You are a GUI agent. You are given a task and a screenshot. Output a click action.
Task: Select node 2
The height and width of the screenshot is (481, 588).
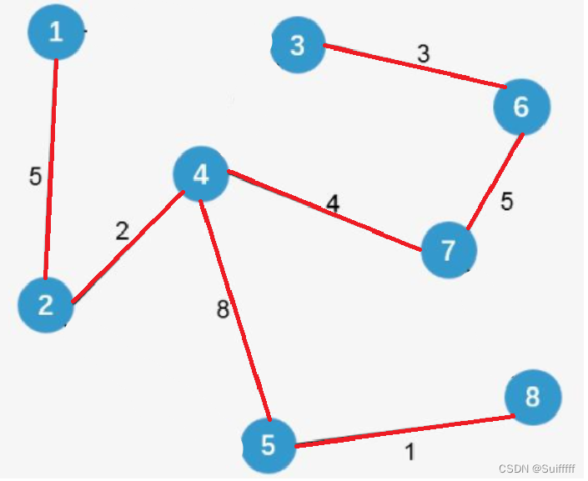[46, 305]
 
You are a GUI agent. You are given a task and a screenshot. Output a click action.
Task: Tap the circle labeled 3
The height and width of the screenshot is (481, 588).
[298, 45]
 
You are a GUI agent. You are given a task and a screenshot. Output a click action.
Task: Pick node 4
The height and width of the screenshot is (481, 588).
[201, 174]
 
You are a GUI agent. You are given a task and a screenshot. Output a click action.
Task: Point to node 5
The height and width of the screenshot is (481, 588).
[269, 445]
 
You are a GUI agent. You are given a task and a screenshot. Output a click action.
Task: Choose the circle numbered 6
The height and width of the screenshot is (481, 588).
[522, 107]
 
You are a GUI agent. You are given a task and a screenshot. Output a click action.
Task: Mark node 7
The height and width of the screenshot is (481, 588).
[449, 249]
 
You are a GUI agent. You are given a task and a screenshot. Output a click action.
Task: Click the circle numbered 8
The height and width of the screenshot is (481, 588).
[532, 398]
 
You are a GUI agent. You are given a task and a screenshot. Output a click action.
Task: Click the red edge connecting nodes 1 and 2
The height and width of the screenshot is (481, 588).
[51, 167]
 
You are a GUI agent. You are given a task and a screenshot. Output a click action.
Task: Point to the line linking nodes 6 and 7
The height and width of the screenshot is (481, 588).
[494, 180]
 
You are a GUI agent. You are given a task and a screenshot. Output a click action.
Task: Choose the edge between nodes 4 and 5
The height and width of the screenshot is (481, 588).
[234, 308]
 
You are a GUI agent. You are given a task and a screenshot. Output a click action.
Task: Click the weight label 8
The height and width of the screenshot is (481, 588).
[222, 310]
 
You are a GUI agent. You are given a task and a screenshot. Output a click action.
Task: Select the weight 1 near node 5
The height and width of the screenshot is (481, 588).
[410, 453]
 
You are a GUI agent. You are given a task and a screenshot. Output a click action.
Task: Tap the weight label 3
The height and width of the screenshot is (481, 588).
[423, 54]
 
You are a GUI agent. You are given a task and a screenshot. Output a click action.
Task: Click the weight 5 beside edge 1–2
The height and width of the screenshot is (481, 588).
[35, 177]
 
